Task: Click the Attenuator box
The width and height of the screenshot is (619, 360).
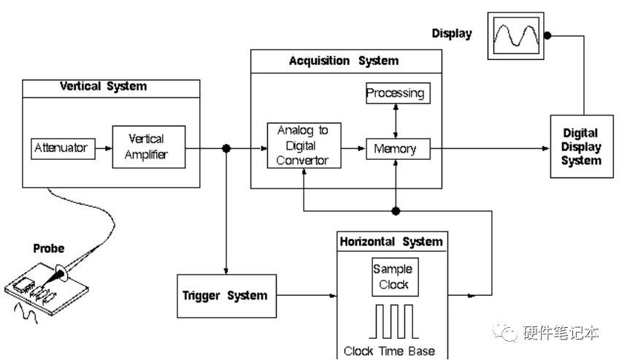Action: (64, 148)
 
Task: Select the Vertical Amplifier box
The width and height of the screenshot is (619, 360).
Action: (149, 147)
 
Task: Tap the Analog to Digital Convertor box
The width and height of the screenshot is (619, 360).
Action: (304, 145)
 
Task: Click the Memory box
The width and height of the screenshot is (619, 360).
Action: (398, 149)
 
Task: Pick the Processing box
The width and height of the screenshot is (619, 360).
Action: (398, 93)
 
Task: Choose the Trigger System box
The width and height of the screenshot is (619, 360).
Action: (226, 296)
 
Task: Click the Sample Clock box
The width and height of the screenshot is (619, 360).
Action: (395, 277)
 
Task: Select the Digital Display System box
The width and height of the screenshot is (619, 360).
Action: (582, 147)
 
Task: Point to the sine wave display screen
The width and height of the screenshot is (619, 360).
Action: (516, 36)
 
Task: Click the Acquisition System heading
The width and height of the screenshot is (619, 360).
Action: (344, 61)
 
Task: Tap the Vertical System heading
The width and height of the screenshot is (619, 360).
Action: (104, 86)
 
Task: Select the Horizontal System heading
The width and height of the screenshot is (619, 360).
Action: (391, 242)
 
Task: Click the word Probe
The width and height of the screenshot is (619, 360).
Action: (49, 248)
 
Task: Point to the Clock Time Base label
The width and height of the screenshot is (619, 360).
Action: (389, 351)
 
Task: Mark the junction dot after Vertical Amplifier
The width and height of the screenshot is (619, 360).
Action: (226, 148)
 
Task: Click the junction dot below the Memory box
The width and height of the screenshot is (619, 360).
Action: (396, 211)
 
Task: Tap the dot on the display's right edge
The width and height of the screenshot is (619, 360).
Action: (547, 36)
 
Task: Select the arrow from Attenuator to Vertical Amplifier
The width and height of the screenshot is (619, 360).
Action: (104, 148)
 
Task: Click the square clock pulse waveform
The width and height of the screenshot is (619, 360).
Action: (393, 321)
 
